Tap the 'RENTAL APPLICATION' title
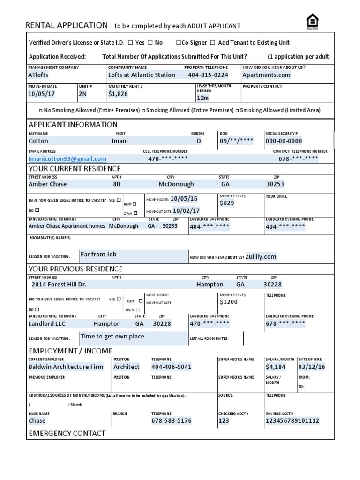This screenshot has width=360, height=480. point(66,25)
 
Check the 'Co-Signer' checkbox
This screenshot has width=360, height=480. point(179,43)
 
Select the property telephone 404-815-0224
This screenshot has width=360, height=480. point(208,75)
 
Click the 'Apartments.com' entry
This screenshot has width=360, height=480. point(266,75)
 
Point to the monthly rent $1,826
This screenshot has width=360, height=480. point(118,94)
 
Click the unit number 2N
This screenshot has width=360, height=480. point(83,94)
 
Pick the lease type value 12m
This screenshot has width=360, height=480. point(202,98)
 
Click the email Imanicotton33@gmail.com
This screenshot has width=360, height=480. point(67,159)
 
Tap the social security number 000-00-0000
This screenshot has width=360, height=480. point(284,141)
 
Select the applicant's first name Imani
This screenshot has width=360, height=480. point(120,141)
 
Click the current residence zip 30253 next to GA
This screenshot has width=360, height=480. point(275,184)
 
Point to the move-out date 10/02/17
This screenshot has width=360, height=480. point(186,211)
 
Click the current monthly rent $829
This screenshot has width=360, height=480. point(227,203)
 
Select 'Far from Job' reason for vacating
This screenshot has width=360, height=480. point(98,255)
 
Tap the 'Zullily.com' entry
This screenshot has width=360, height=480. point(261,257)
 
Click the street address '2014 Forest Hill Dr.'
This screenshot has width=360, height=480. point(59,285)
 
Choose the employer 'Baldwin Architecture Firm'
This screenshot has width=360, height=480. point(66,367)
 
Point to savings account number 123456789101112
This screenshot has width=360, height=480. point(292,421)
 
